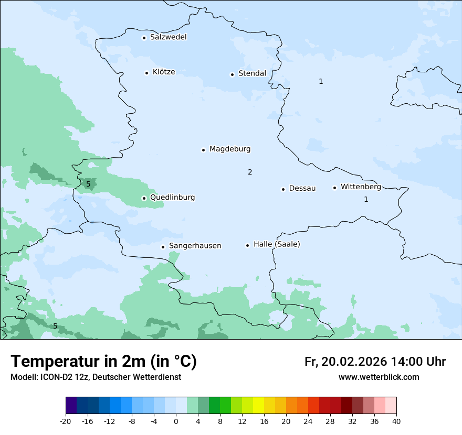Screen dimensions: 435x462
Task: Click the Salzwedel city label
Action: click(x=168, y=37)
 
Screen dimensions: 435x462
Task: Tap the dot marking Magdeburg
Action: click(x=203, y=150)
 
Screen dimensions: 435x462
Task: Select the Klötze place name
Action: click(x=164, y=72)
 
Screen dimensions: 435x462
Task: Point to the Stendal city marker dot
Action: click(x=232, y=74)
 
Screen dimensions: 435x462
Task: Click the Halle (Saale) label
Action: click(x=277, y=244)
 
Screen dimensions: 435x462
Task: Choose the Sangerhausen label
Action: click(x=195, y=246)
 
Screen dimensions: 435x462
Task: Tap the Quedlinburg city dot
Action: click(x=144, y=198)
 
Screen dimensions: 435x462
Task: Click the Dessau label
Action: click(x=302, y=188)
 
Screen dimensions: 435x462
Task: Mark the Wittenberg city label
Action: click(x=361, y=187)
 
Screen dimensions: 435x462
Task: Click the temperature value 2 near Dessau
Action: click(x=250, y=172)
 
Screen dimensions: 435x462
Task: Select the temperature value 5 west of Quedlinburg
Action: click(x=88, y=184)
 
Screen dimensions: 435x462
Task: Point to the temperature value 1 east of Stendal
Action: click(x=321, y=81)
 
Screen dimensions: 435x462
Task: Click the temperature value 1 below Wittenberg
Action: click(x=366, y=199)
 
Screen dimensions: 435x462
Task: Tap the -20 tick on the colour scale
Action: click(x=66, y=421)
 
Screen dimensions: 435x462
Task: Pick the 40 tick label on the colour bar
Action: click(x=396, y=421)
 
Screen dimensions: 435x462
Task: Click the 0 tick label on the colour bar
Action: click(x=176, y=421)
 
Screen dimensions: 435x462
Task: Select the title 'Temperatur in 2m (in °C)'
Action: click(x=104, y=361)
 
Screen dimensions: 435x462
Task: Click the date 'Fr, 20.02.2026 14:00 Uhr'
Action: click(x=375, y=362)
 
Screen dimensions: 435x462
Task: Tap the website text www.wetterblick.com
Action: click(x=379, y=377)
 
